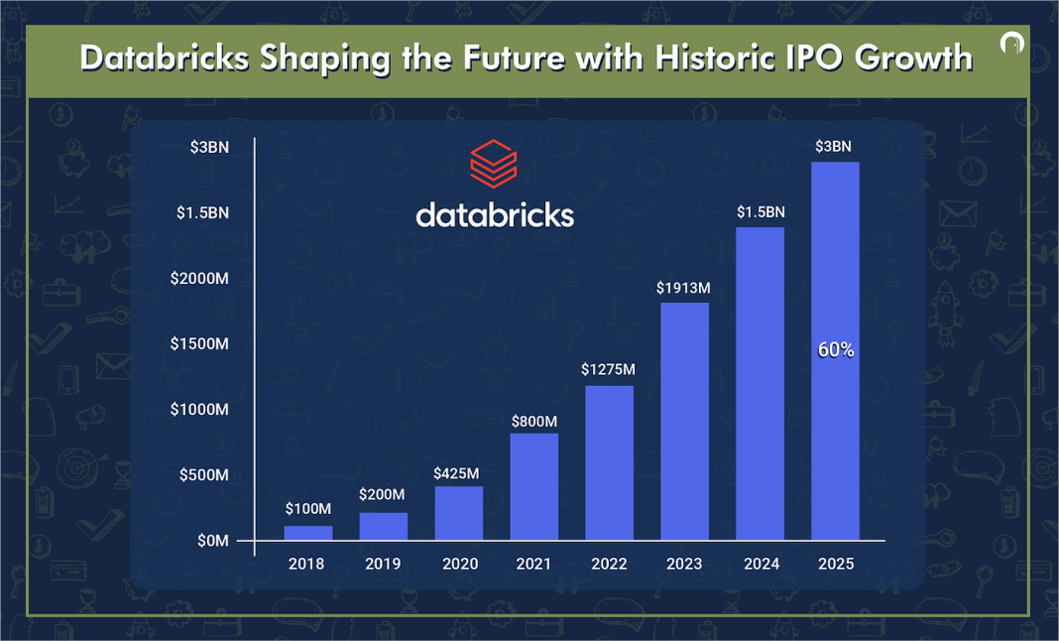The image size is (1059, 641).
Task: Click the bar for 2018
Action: (x=308, y=533)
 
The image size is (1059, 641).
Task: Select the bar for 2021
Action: (x=534, y=486)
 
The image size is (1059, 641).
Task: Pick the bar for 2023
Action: (x=684, y=422)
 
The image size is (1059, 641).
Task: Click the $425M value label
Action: (x=456, y=473)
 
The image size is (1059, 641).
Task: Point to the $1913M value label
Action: (x=683, y=289)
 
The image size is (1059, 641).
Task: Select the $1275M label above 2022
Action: (x=608, y=370)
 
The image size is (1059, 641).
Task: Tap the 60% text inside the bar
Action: (x=835, y=350)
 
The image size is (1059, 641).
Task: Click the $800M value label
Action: (x=534, y=421)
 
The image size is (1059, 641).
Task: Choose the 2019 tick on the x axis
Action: (x=383, y=564)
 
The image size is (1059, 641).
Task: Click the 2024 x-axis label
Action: (x=760, y=564)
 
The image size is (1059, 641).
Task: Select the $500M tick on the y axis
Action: (x=204, y=475)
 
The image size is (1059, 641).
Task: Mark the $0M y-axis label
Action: (x=211, y=541)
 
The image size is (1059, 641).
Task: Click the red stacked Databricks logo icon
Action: (x=494, y=164)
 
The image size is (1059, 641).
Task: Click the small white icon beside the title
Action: (x=1012, y=46)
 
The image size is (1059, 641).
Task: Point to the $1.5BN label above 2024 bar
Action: (x=760, y=212)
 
